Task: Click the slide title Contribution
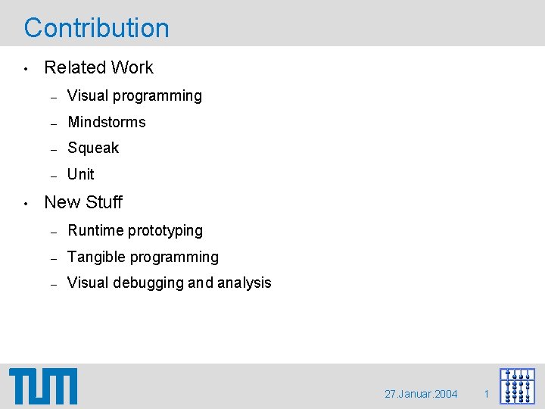pos(97,28)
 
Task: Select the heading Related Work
pos(98,67)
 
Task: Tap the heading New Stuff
pos(83,202)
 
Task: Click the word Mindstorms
pos(106,122)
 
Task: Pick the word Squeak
pos(93,148)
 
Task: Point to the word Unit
pos(81,174)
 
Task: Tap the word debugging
pos(147,283)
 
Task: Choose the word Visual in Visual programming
pos(87,96)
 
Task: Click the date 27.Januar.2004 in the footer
pos(421,394)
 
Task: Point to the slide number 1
pos(487,394)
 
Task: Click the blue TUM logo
pos(43,386)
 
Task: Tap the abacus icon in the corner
pos(517,386)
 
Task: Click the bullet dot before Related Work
pos(26,69)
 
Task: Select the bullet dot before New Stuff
pos(26,204)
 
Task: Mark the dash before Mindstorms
pos(54,123)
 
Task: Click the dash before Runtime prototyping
pos(54,231)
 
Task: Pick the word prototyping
pos(167,230)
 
